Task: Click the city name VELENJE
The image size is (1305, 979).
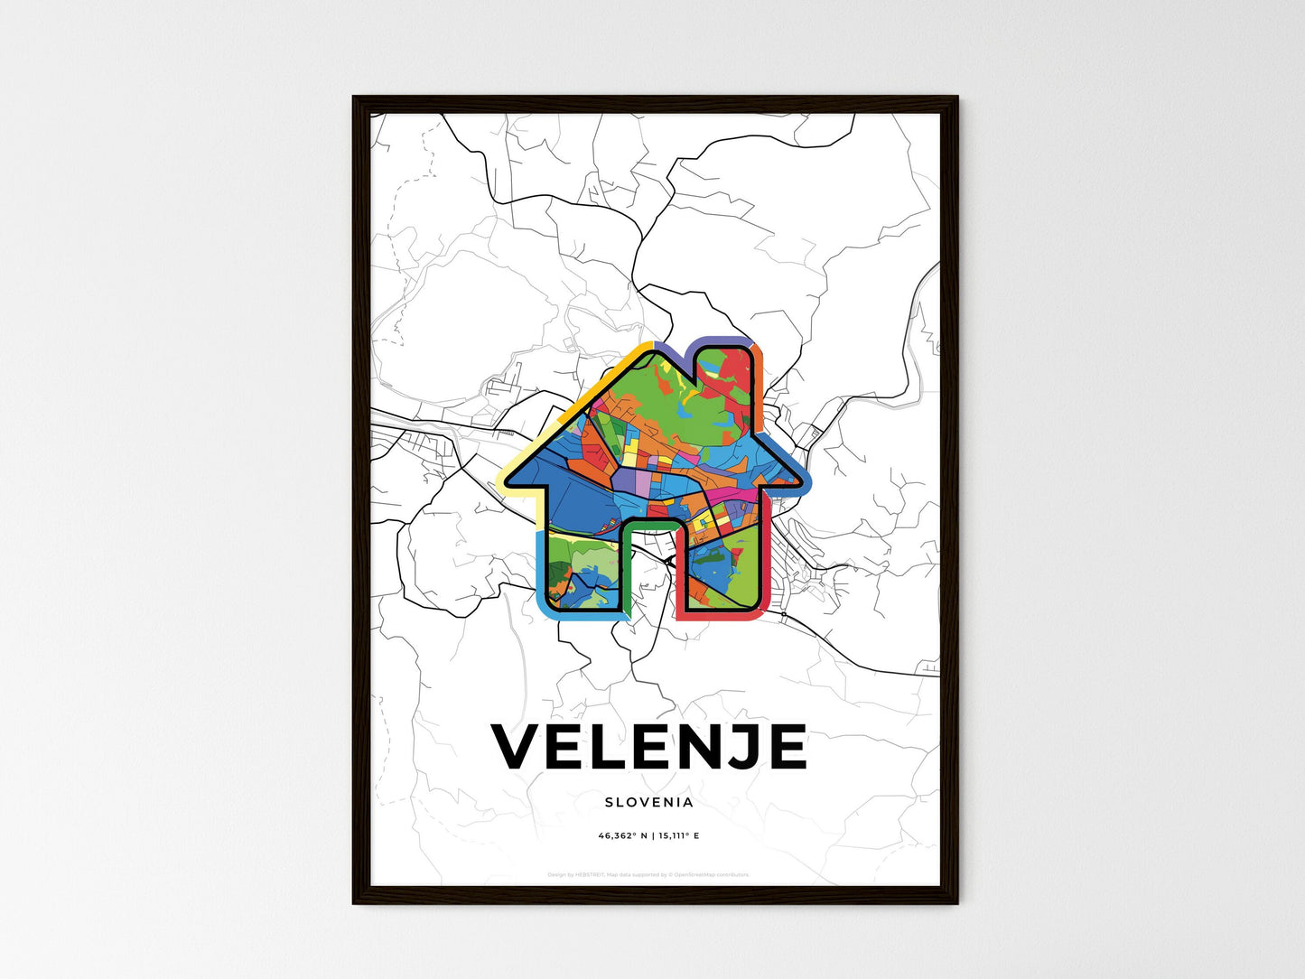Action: [648, 747]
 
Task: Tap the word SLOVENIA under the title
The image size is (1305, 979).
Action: [648, 802]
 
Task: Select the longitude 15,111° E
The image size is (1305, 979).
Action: [677, 836]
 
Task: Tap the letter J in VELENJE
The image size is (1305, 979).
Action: [736, 747]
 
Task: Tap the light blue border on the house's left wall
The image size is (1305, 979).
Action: [542, 569]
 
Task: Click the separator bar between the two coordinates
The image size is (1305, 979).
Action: [651, 836]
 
